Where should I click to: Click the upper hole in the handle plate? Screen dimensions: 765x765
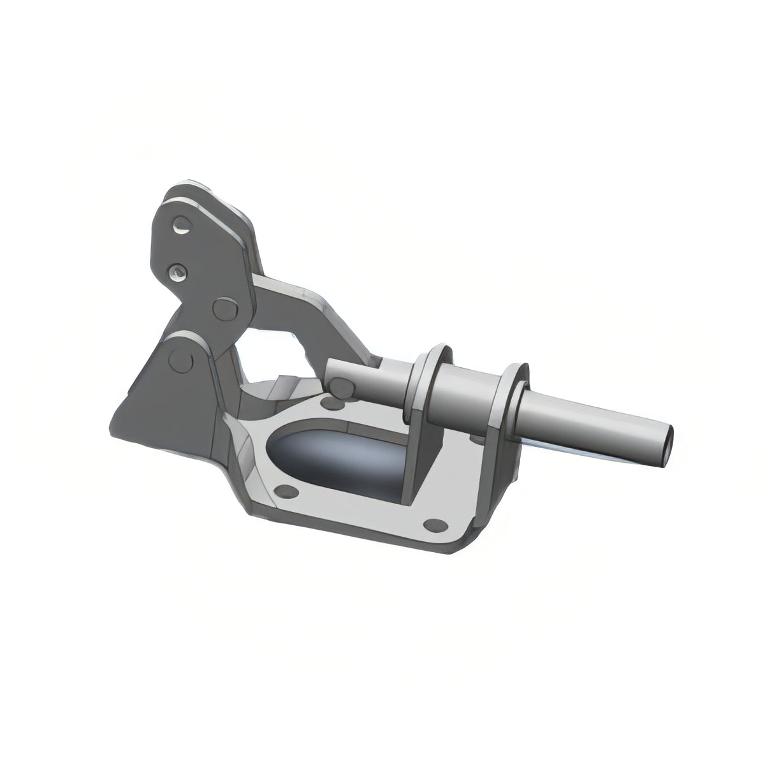pyautogui.click(x=181, y=226)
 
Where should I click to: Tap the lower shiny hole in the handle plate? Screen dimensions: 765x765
pyautogui.click(x=179, y=272)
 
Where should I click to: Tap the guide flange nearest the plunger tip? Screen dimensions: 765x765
pyautogui.click(x=513, y=395)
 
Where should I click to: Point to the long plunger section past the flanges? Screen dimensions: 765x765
pyautogui.click(x=593, y=424)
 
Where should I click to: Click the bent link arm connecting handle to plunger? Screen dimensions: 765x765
pyautogui.click(x=300, y=312)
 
